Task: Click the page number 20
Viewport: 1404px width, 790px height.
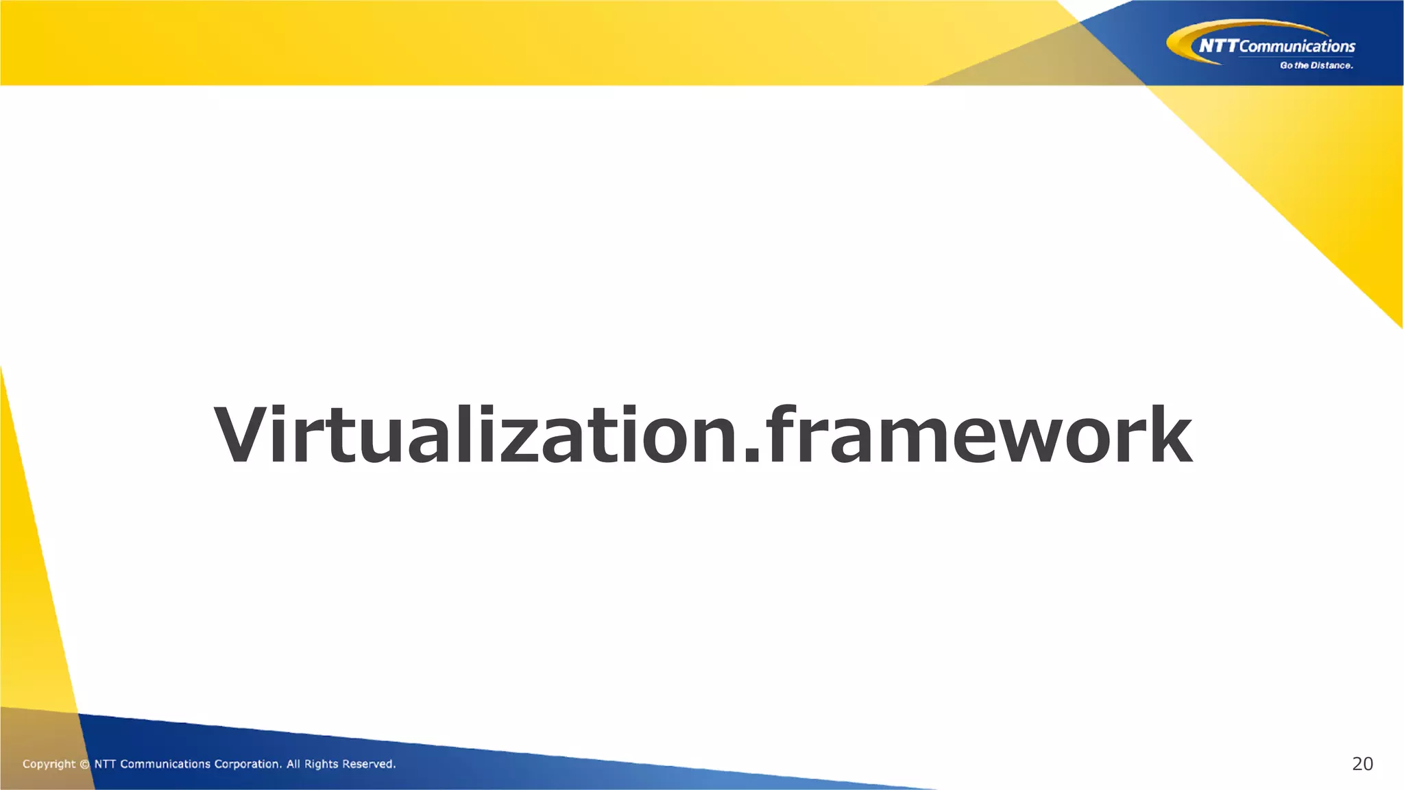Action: tap(1362, 764)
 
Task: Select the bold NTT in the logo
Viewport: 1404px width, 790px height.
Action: tap(1218, 46)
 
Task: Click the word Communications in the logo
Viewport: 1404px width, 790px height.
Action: tap(1297, 47)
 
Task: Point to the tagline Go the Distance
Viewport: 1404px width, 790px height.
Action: tap(1316, 66)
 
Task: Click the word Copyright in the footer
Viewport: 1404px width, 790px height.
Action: tap(49, 764)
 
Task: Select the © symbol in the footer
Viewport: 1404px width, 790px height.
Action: tap(84, 764)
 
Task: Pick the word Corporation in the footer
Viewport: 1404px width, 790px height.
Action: tap(247, 764)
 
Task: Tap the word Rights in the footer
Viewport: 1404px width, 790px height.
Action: tap(321, 764)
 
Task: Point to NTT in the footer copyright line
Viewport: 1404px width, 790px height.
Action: tap(105, 764)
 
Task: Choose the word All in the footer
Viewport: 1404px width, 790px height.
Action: tap(293, 764)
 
